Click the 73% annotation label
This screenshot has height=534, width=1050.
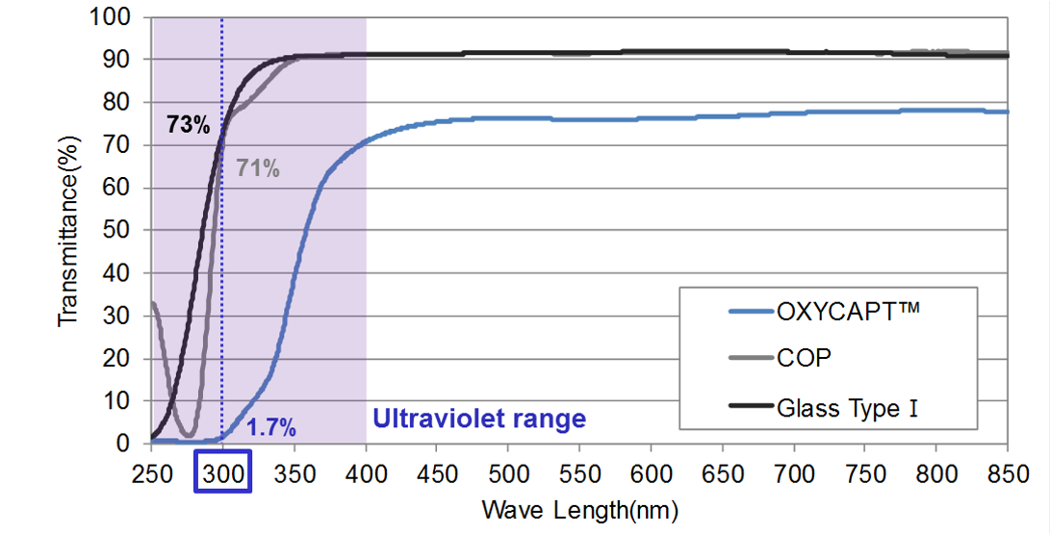point(189,125)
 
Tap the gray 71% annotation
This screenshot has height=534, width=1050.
point(258,170)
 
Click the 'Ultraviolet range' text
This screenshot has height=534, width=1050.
point(478,420)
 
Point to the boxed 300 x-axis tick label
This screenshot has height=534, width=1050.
point(222,472)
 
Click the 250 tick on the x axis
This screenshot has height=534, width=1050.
point(151,472)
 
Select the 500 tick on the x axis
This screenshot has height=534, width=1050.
point(508,472)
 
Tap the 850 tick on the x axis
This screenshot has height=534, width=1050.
point(1007,472)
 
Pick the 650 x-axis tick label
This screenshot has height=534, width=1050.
point(722,472)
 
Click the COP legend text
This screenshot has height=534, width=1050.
point(804,358)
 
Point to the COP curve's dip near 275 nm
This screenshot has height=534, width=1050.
point(189,435)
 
